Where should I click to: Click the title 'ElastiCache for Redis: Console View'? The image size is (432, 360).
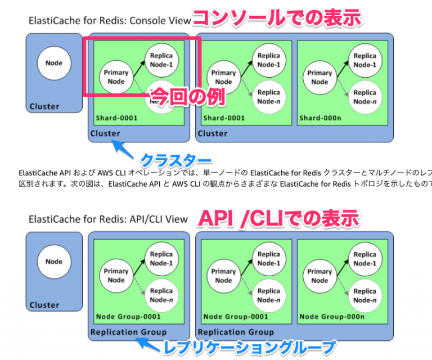[x=110, y=21]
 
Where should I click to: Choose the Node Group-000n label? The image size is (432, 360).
[x=332, y=316]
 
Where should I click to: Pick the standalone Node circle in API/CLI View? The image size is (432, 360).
[x=54, y=262]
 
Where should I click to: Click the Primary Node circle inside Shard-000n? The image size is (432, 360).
[x=319, y=77]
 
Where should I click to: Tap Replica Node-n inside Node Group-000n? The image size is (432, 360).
[x=364, y=295]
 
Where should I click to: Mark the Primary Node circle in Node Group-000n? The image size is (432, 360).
[x=319, y=276]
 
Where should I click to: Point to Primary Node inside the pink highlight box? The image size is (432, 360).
[x=116, y=77]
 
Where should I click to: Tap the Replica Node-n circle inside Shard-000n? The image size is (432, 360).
[x=364, y=97]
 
